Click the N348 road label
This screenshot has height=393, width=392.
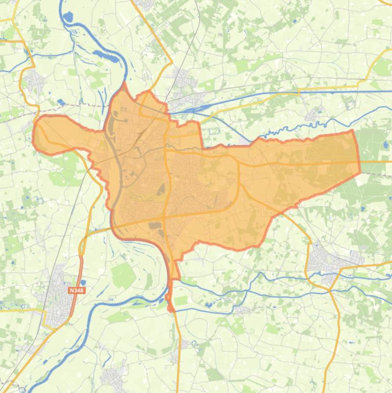click(76, 290)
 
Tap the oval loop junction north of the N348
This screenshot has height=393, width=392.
click(82, 248)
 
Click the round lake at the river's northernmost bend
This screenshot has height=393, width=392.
click(67, 16)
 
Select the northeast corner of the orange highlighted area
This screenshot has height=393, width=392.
click(351, 132)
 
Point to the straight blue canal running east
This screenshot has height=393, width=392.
click(306, 92)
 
